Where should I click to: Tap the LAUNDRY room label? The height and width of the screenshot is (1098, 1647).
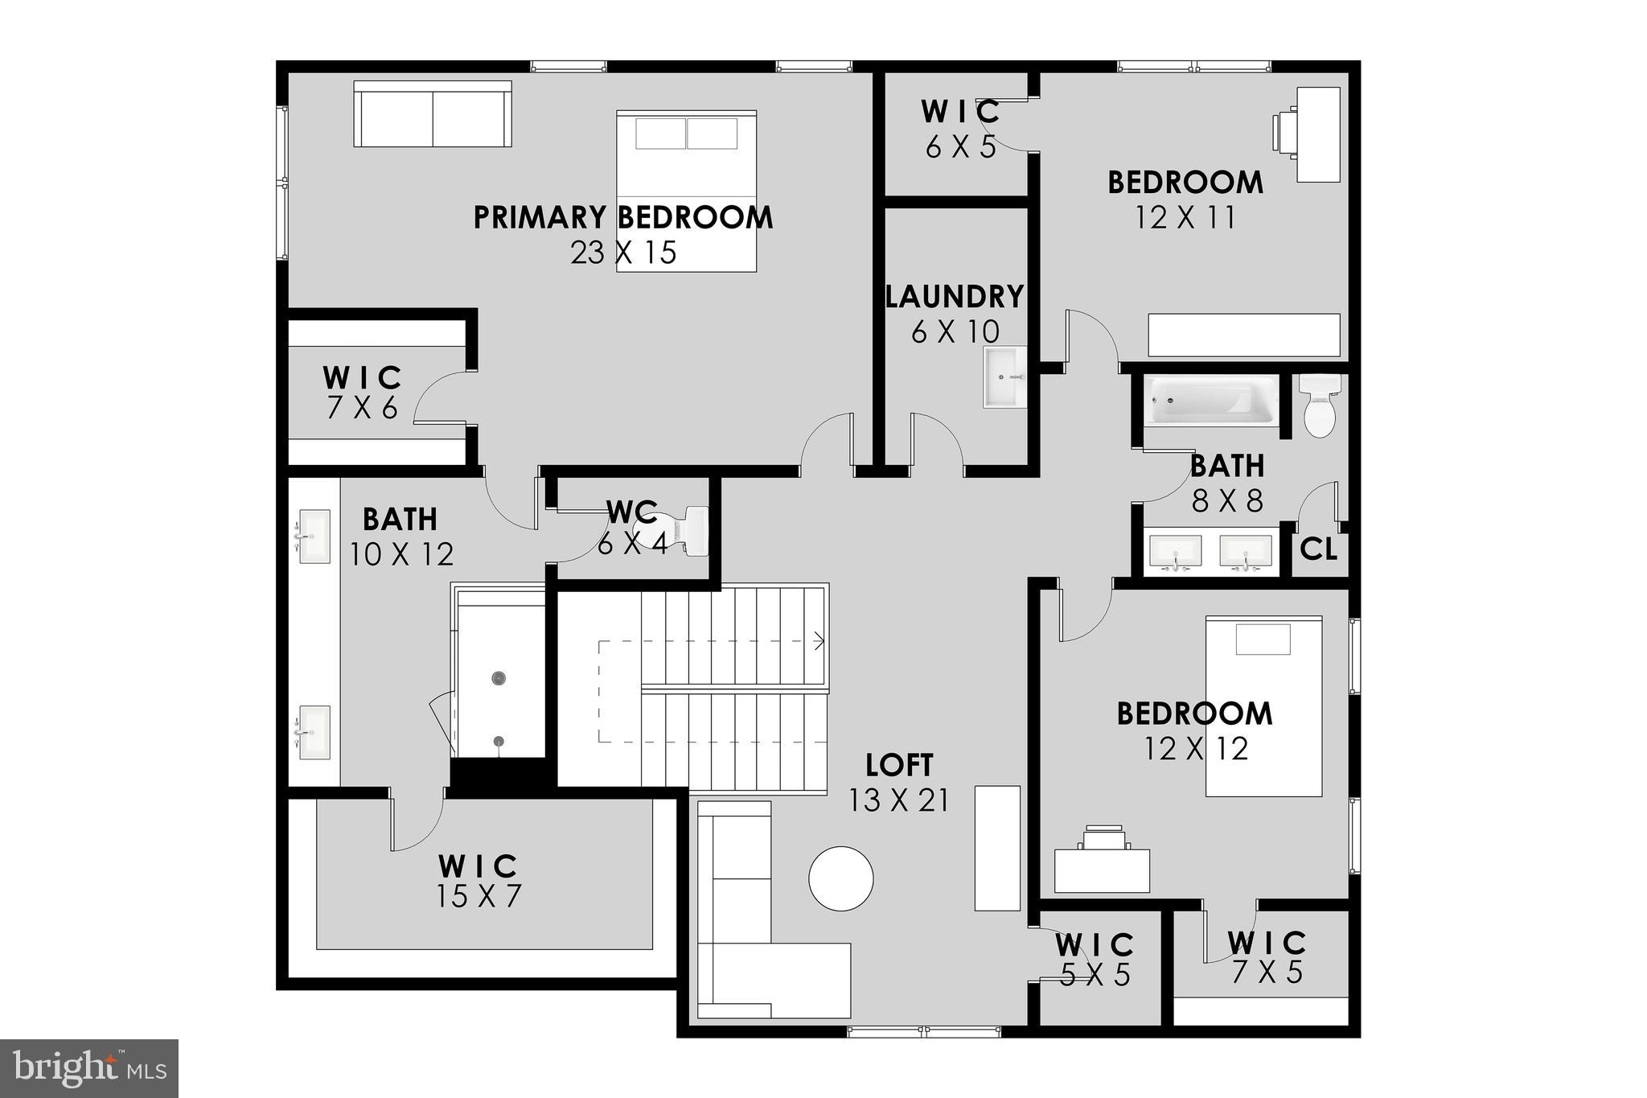point(955,297)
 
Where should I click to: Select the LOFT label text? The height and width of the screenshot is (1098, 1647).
point(899,765)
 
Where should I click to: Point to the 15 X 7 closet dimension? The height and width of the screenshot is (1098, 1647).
point(478,896)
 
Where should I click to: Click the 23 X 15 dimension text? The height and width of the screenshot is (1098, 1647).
point(623,253)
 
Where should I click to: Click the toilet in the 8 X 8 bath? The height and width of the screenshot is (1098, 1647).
point(1319,405)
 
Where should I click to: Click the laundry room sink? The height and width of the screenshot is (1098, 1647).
point(1004,376)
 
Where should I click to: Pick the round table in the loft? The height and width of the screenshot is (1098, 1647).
point(840,878)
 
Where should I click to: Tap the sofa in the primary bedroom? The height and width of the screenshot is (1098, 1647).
point(433,114)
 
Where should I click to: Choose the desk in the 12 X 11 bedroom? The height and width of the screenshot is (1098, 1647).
point(1318,134)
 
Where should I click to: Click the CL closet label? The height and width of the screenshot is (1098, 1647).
point(1319,551)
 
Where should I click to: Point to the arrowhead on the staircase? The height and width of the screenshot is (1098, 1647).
point(819,641)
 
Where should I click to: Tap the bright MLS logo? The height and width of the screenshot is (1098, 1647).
point(89,1068)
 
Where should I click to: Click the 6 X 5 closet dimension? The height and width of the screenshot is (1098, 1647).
point(960,147)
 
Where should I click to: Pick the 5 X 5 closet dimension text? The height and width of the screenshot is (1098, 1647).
point(1095,976)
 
